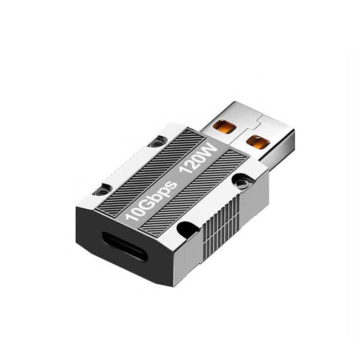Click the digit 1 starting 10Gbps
pos(130,219)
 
